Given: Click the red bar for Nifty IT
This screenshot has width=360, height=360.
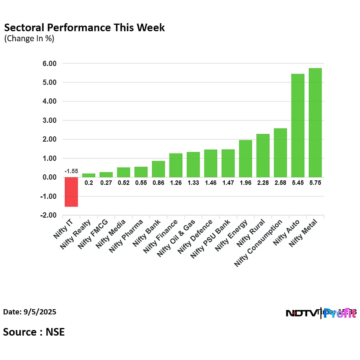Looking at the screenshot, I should click(x=71, y=192).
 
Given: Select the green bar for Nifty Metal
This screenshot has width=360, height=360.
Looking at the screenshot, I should click(x=315, y=123).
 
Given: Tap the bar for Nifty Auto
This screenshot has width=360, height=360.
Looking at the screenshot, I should click(x=298, y=126).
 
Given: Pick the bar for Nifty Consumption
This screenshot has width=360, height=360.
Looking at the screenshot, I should click(x=280, y=153).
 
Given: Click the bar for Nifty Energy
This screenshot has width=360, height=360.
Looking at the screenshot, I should click(x=246, y=159).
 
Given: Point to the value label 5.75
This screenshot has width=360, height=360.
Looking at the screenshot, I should click(x=315, y=183).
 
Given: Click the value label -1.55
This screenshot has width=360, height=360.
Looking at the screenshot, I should click(x=71, y=171).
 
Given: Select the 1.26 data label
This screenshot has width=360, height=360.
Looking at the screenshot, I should click(x=176, y=183).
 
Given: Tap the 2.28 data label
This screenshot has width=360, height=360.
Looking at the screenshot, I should click(x=263, y=183).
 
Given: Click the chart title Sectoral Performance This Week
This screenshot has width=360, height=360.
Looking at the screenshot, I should click(x=84, y=28).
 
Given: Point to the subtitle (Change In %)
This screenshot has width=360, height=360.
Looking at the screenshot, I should click(x=29, y=39).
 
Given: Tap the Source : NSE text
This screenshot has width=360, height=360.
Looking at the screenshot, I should click(x=34, y=332).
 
